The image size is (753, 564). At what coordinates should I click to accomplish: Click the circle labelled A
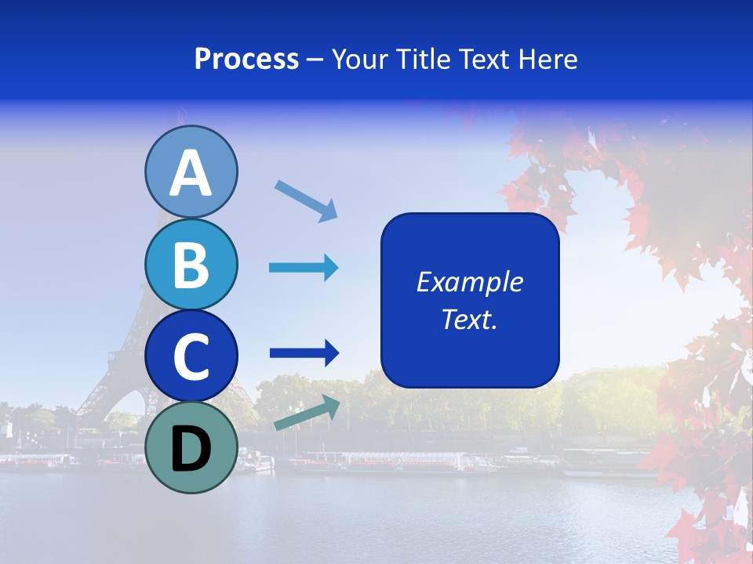pos(191,172)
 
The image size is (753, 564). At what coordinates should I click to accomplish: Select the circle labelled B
pos(191,264)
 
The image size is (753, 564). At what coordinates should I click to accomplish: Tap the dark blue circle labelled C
pos(191,356)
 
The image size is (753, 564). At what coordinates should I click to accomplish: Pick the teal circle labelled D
pos(191,447)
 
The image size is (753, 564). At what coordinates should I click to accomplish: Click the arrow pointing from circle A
pos(306,200)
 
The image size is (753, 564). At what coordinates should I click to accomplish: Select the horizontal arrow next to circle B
pos(304,268)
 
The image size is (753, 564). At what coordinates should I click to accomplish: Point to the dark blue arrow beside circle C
pos(304,353)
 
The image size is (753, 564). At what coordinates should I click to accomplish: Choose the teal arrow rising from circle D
pos(307,413)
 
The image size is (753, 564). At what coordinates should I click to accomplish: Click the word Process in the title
pos(246,60)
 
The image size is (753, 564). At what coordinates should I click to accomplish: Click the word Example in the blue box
pos(470,282)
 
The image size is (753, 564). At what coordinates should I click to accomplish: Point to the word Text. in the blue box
pos(470,319)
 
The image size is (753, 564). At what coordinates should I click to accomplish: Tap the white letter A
pos(191,173)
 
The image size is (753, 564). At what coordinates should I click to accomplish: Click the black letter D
pos(191,449)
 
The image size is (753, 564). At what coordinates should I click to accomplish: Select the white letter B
pos(191,265)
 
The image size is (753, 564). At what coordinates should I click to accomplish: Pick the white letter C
pos(191,356)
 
